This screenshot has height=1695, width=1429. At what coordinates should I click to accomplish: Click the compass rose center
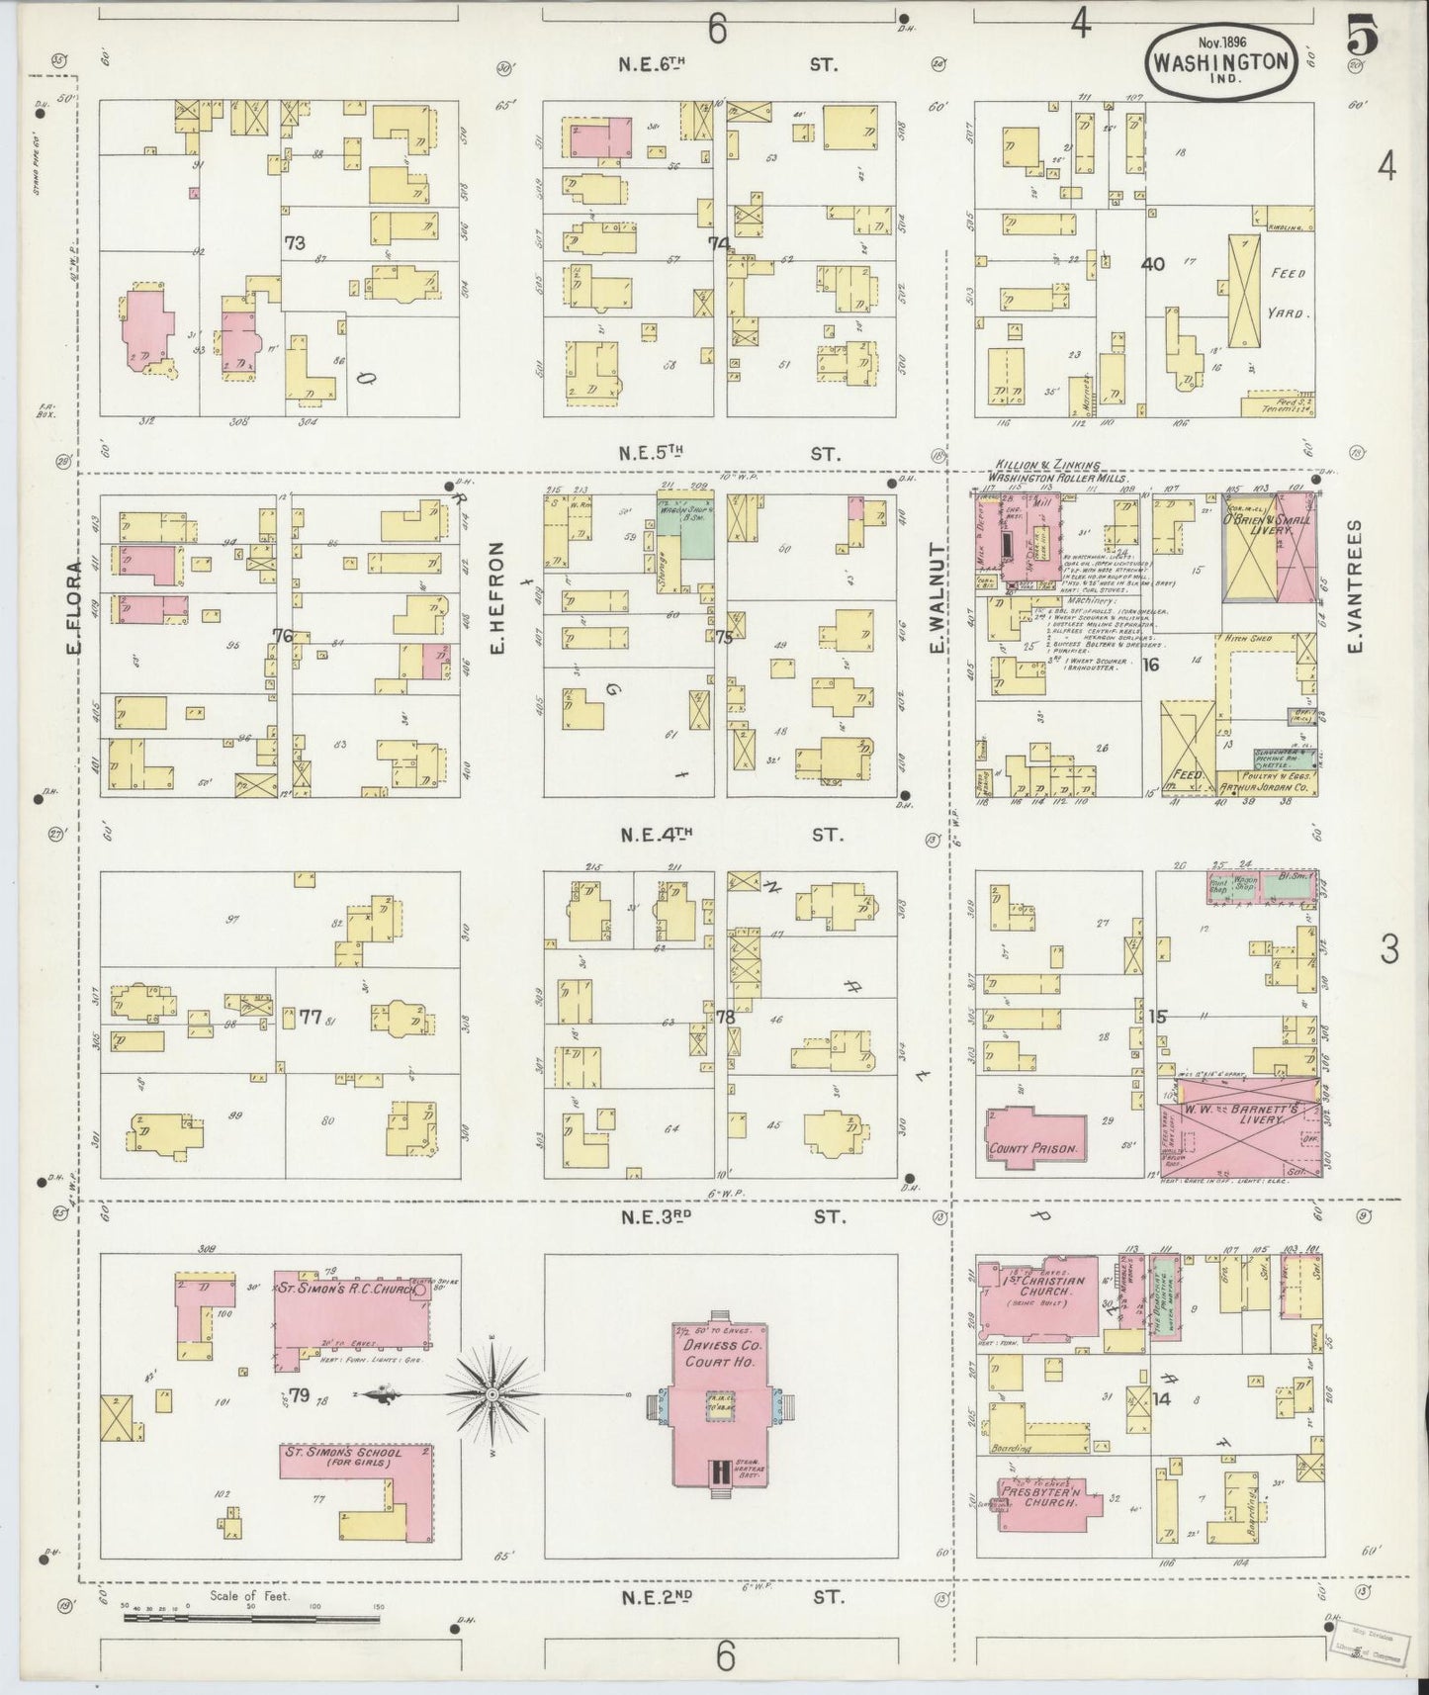pos(491,1394)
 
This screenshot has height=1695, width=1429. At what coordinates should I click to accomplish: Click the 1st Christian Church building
pos(1038,1298)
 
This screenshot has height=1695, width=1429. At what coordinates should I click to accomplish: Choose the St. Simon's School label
pos(341,1460)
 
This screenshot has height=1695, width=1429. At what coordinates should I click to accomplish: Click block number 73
pos(294,242)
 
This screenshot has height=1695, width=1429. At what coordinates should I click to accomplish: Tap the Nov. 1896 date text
pos(1220,43)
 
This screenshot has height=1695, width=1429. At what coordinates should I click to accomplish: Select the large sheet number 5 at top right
pos(1362,40)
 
